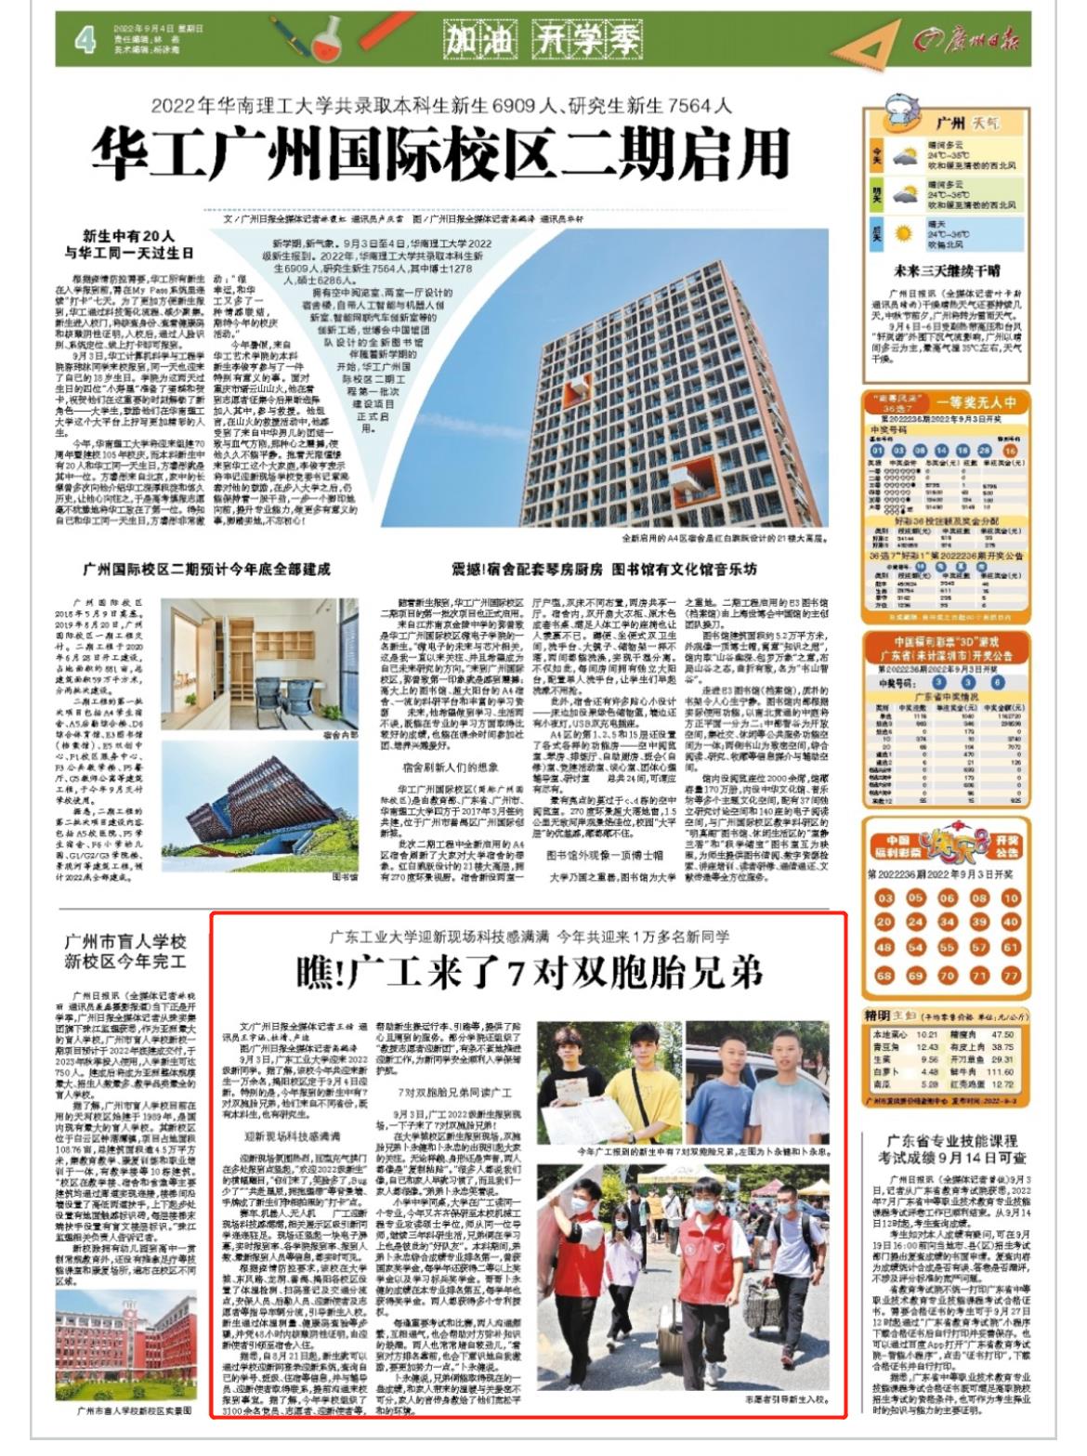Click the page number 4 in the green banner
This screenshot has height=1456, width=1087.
tap(86, 40)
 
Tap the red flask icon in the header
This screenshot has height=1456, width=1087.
tap(324, 42)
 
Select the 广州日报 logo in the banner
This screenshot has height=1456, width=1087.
tap(968, 39)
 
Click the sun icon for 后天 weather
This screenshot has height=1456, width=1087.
tap(905, 232)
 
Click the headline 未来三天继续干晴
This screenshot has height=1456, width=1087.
tap(947, 271)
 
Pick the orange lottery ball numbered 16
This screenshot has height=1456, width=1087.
tap(1010, 451)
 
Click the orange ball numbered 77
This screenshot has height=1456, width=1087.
tap(1011, 976)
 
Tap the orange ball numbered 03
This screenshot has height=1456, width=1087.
tap(884, 899)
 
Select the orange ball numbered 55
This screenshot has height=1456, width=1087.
tap(947, 948)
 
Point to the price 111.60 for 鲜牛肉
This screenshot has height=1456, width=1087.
tap(1001, 1071)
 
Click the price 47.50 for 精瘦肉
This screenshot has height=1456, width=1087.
tap(1002, 1034)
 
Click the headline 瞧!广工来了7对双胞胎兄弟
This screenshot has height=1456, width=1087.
tap(529, 973)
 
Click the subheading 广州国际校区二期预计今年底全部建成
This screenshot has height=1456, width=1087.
tap(206, 568)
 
